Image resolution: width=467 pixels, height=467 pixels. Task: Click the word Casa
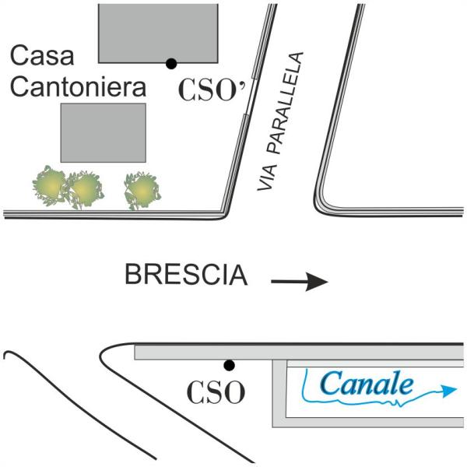point(42,55)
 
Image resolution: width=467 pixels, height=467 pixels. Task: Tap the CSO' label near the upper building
point(212,90)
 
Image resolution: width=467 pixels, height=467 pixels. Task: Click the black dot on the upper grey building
point(171,64)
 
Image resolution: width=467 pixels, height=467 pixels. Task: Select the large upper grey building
point(158,33)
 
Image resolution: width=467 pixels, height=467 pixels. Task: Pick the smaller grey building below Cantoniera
point(104,133)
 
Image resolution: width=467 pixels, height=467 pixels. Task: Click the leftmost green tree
point(50,184)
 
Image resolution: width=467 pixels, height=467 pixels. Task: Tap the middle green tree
point(85,189)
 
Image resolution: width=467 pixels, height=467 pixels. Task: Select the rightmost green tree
point(142,190)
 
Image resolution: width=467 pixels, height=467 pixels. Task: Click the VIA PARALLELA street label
point(280,121)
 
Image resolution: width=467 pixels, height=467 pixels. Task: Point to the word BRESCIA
point(186,275)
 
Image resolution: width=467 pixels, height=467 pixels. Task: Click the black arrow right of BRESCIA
point(300,281)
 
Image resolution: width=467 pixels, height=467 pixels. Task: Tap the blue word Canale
point(367,384)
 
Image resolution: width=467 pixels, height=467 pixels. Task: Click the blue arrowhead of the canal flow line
point(449,390)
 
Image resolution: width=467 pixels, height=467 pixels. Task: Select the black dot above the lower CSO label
point(229,365)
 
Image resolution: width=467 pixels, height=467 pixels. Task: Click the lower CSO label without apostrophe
point(216,392)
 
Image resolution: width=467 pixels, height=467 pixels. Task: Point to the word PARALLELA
point(286,103)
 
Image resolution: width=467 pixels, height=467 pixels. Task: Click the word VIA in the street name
point(267,177)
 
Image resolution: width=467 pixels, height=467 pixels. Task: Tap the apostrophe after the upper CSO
point(243,84)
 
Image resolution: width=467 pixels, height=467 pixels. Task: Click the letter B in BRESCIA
point(133,275)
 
